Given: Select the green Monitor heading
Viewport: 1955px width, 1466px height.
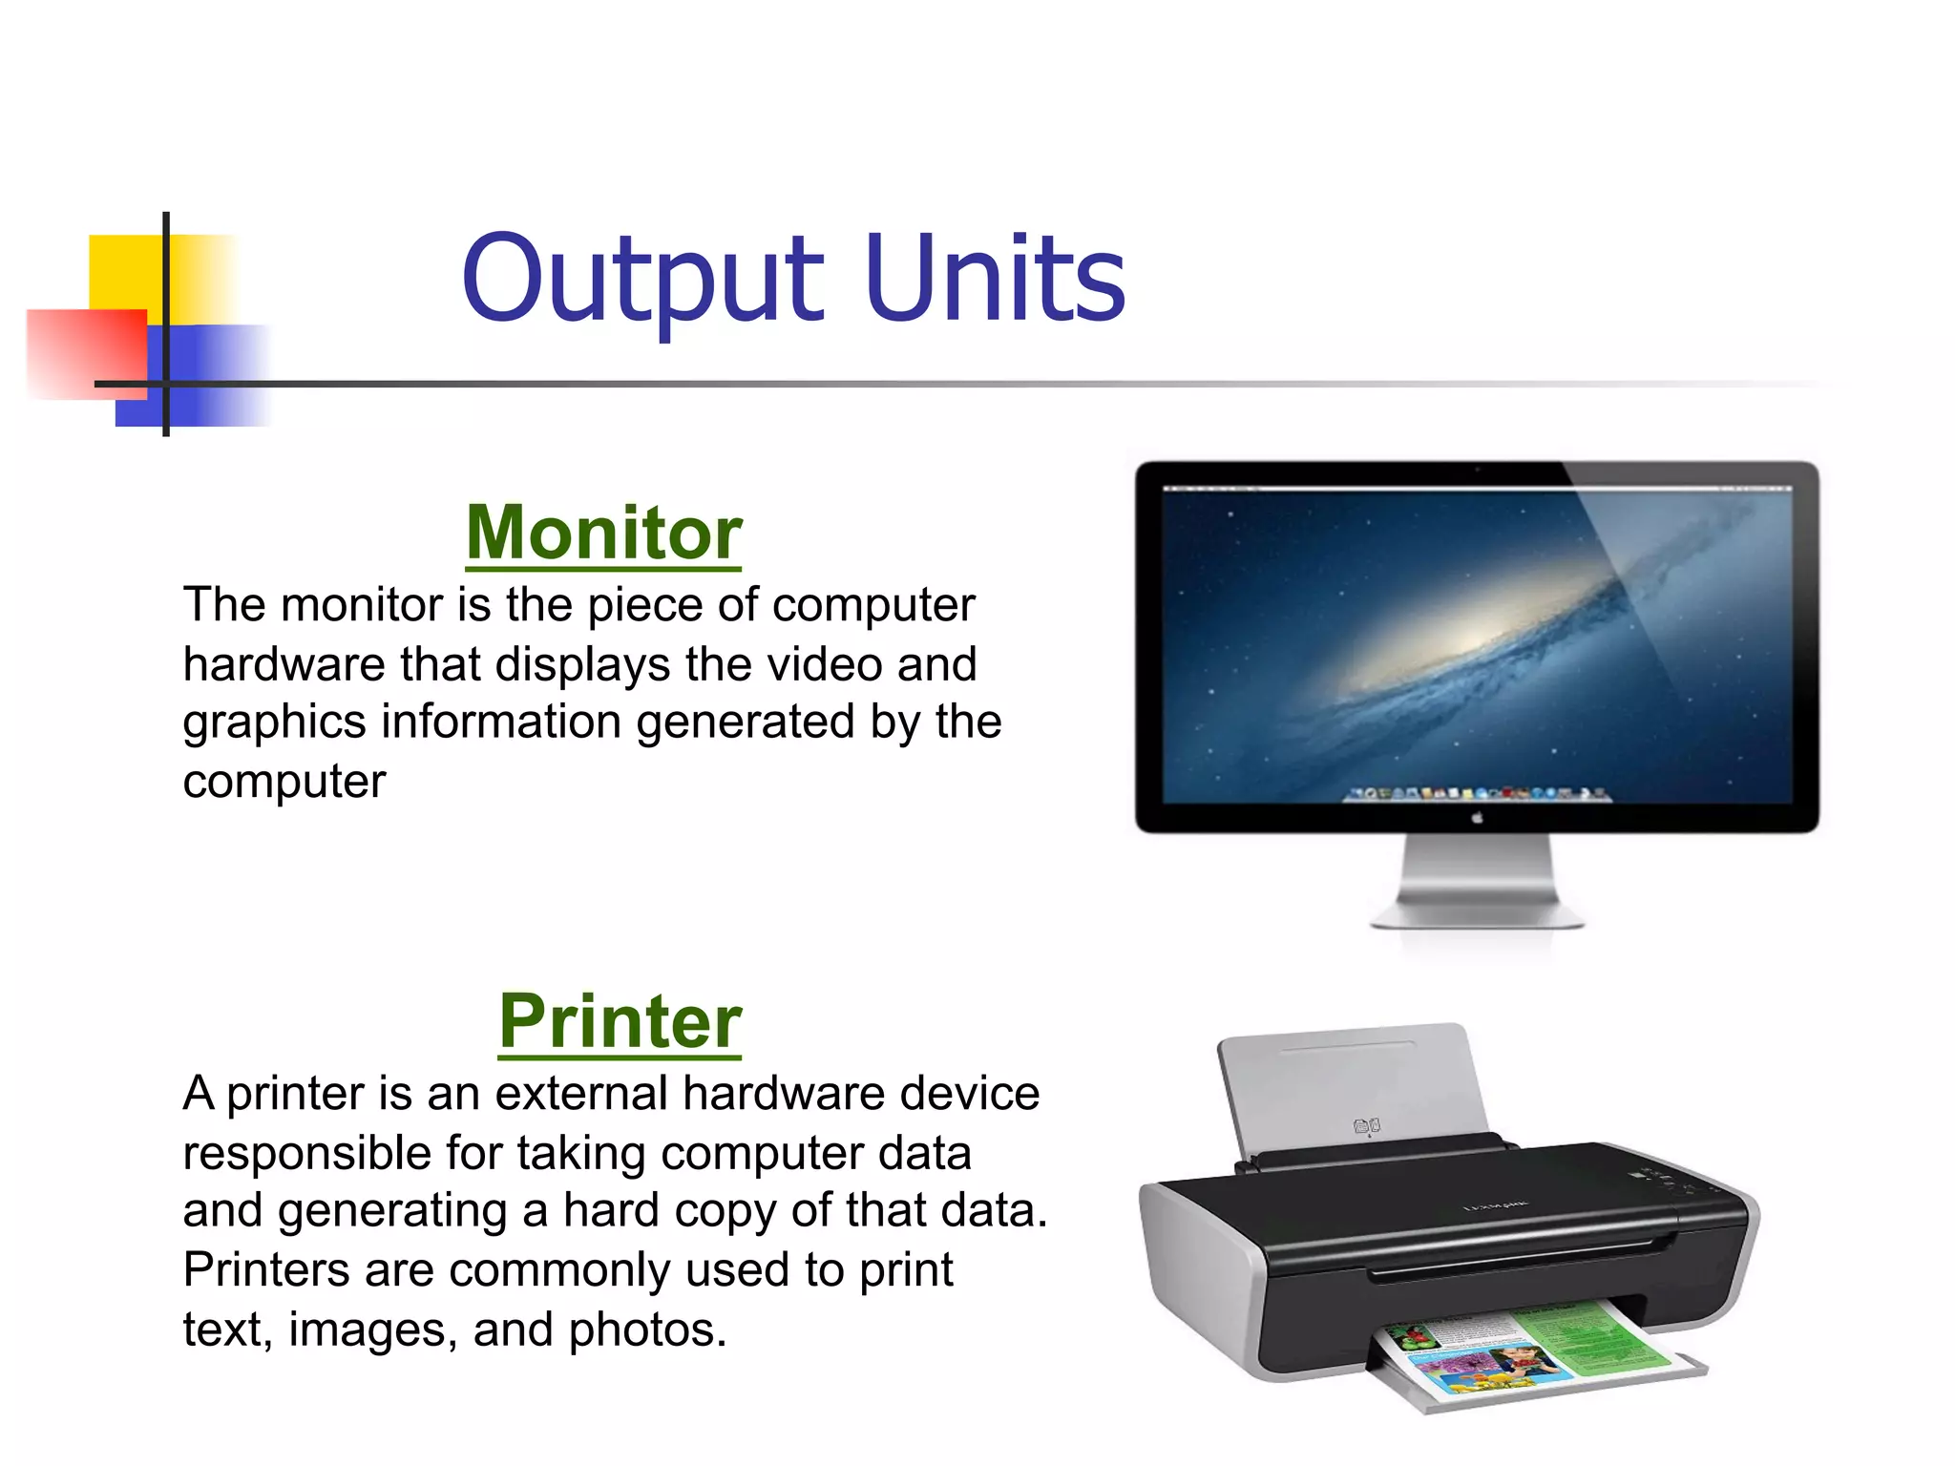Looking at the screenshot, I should pos(603,533).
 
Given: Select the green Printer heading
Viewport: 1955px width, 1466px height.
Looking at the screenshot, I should pos(620,1021).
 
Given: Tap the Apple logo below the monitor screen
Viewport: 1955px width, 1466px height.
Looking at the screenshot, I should pos(1477,818).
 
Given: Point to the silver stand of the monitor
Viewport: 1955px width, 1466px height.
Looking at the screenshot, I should pos(1477,883).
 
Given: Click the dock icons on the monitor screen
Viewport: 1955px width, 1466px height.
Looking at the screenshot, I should pos(1477,793).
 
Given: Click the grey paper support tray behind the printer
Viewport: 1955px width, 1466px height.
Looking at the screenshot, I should pos(1356,1088).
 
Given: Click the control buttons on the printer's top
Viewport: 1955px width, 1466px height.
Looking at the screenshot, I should pos(1661,1181).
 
